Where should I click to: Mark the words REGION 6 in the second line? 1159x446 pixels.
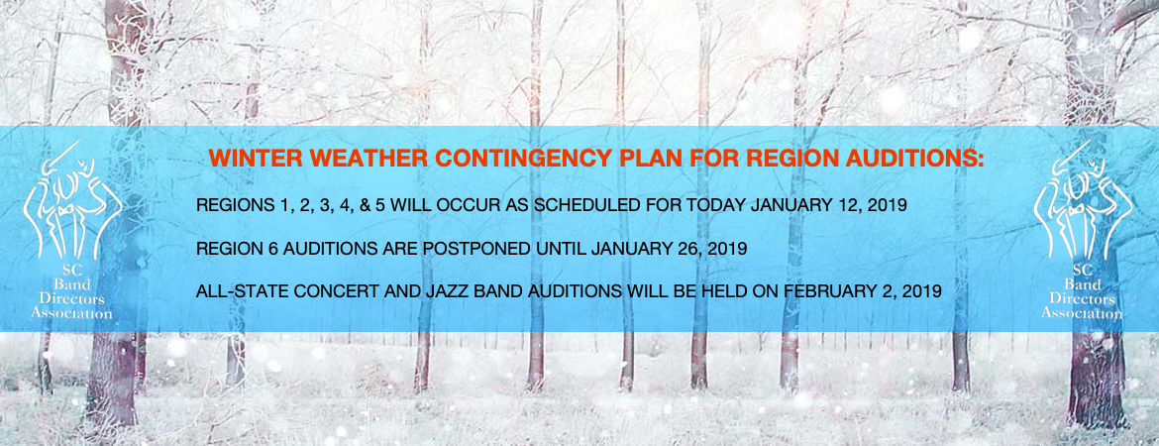point(232,249)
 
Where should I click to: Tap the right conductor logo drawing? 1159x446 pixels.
point(1082,199)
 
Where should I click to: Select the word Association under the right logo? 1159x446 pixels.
point(1082,313)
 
